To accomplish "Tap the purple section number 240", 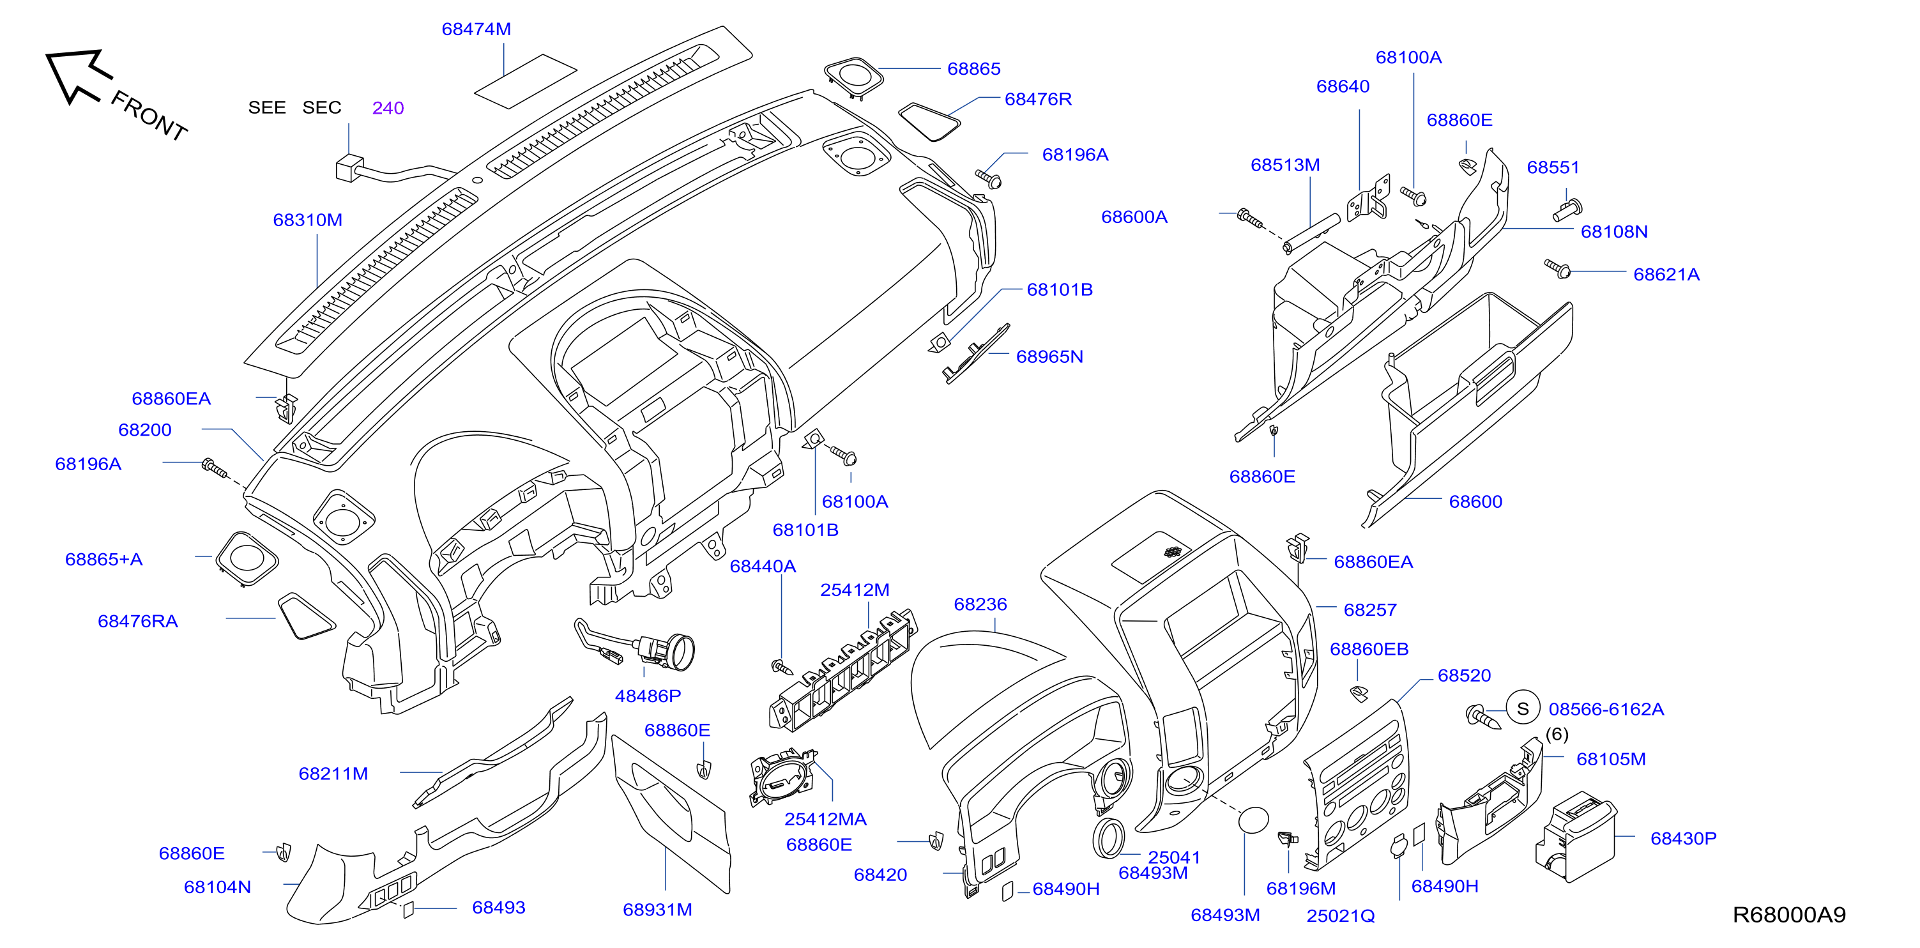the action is click(x=388, y=108).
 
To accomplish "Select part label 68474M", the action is click(x=476, y=29).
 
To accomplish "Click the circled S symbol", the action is click(x=1523, y=708).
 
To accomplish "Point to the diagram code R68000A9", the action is click(x=1789, y=915).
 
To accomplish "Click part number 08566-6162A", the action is click(x=1606, y=709).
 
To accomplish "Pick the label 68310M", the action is click(x=307, y=220).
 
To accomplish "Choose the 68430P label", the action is click(x=1683, y=838).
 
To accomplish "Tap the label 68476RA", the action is click(x=138, y=621).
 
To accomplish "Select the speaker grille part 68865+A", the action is click(x=246, y=559).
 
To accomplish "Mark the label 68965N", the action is click(x=1049, y=356).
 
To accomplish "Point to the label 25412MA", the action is click(x=825, y=819).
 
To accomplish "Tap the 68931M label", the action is click(x=657, y=909).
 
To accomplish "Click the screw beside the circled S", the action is click(x=1482, y=717).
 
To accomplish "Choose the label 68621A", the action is click(x=1666, y=274).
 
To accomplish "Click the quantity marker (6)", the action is click(x=1557, y=734).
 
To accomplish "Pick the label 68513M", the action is click(x=1285, y=165).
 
